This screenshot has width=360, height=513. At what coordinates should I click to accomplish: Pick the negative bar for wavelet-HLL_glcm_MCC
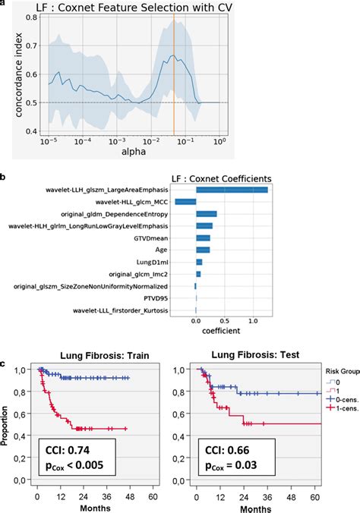(x=185, y=202)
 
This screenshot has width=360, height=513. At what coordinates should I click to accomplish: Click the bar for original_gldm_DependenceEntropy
(x=207, y=214)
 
